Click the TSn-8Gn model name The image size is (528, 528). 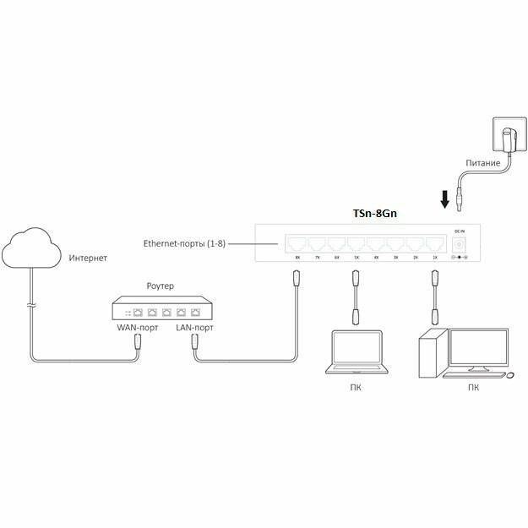pos(374,215)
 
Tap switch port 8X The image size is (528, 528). pos(297,244)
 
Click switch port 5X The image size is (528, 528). pos(357,244)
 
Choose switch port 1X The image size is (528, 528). pos(434,244)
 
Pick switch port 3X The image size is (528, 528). pos(395,244)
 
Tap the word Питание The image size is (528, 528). pos(483,162)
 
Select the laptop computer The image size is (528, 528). pos(356,355)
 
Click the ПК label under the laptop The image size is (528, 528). pos(356,389)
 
